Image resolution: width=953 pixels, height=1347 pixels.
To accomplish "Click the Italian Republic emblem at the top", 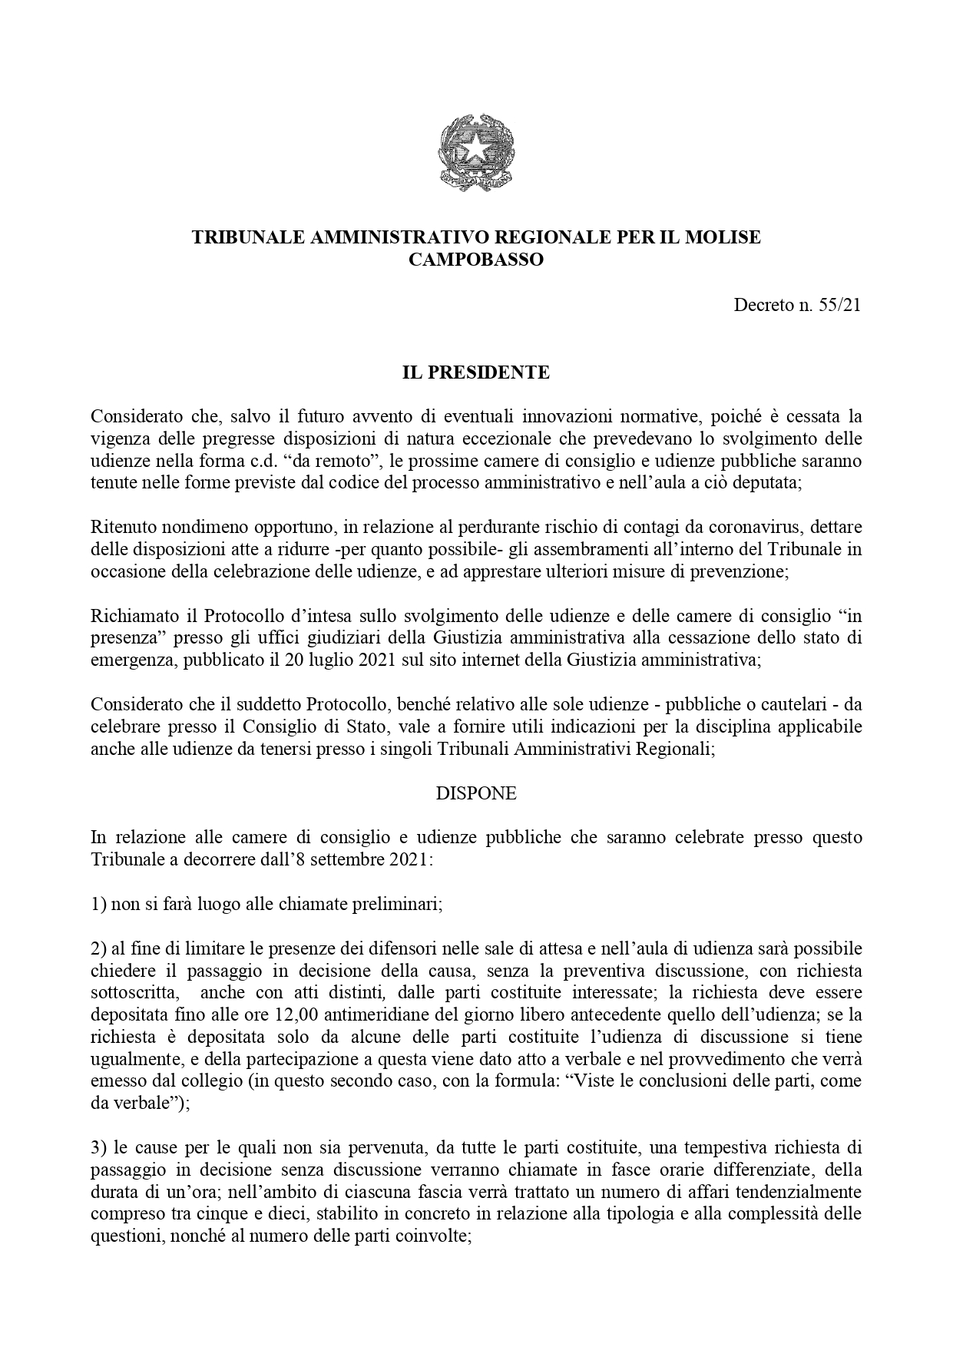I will tap(476, 153).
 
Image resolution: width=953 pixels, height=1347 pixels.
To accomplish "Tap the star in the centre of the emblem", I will tap(476, 147).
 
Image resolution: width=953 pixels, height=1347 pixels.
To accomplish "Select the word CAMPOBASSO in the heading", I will tap(476, 260).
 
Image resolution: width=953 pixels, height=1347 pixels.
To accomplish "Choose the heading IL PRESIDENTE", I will tap(476, 372).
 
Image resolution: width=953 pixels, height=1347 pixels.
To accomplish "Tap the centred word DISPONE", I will tap(476, 793).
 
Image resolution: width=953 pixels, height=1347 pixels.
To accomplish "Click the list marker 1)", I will tap(98, 904).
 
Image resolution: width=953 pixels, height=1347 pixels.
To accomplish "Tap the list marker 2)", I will tap(98, 948).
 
